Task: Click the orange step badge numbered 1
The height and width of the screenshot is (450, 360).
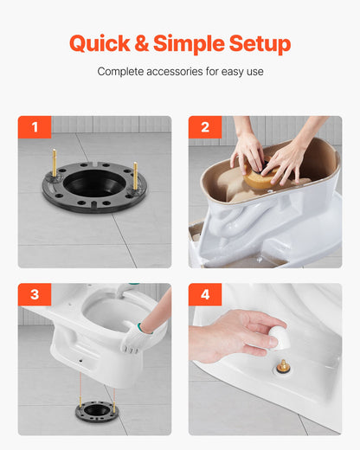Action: coord(35,127)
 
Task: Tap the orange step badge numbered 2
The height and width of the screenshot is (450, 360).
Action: coord(205,127)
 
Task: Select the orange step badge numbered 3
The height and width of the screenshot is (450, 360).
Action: coord(35,295)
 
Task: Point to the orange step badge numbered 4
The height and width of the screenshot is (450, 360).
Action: coord(205,295)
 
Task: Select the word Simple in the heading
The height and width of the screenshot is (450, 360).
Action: coord(195,43)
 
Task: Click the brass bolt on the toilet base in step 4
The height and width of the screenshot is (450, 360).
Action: coord(282,366)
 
